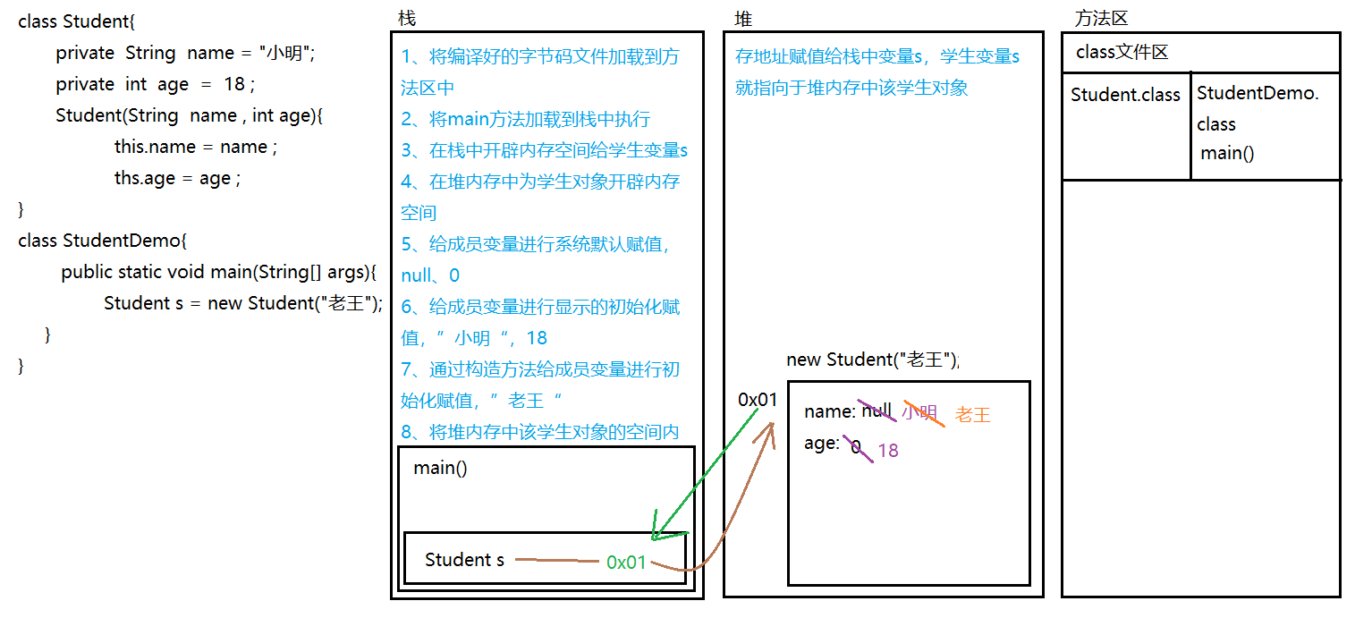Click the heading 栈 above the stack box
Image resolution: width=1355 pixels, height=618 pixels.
point(407,18)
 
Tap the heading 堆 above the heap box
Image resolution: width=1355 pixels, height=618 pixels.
point(743,18)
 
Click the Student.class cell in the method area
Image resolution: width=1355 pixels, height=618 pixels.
point(1125,95)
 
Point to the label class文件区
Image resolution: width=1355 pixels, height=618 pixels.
point(1122,52)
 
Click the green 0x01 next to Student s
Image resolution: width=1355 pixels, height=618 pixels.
point(626,562)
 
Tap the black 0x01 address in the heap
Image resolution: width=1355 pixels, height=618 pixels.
point(758,400)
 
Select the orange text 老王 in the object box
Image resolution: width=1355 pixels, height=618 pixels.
point(972,414)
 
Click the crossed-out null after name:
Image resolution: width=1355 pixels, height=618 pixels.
point(877,411)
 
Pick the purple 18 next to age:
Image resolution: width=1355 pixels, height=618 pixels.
point(887,450)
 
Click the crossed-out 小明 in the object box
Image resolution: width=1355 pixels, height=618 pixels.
point(919,412)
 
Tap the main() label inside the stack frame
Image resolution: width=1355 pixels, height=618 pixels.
point(440,468)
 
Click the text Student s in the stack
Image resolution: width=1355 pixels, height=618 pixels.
point(464,560)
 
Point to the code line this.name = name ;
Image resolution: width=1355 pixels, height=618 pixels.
point(195,147)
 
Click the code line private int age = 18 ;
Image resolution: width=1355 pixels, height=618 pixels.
point(155,84)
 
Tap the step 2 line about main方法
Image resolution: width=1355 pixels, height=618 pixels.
point(526,119)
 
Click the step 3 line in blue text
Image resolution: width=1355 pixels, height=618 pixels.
point(545,150)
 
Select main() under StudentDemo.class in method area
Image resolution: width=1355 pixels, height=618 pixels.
point(1227,153)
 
